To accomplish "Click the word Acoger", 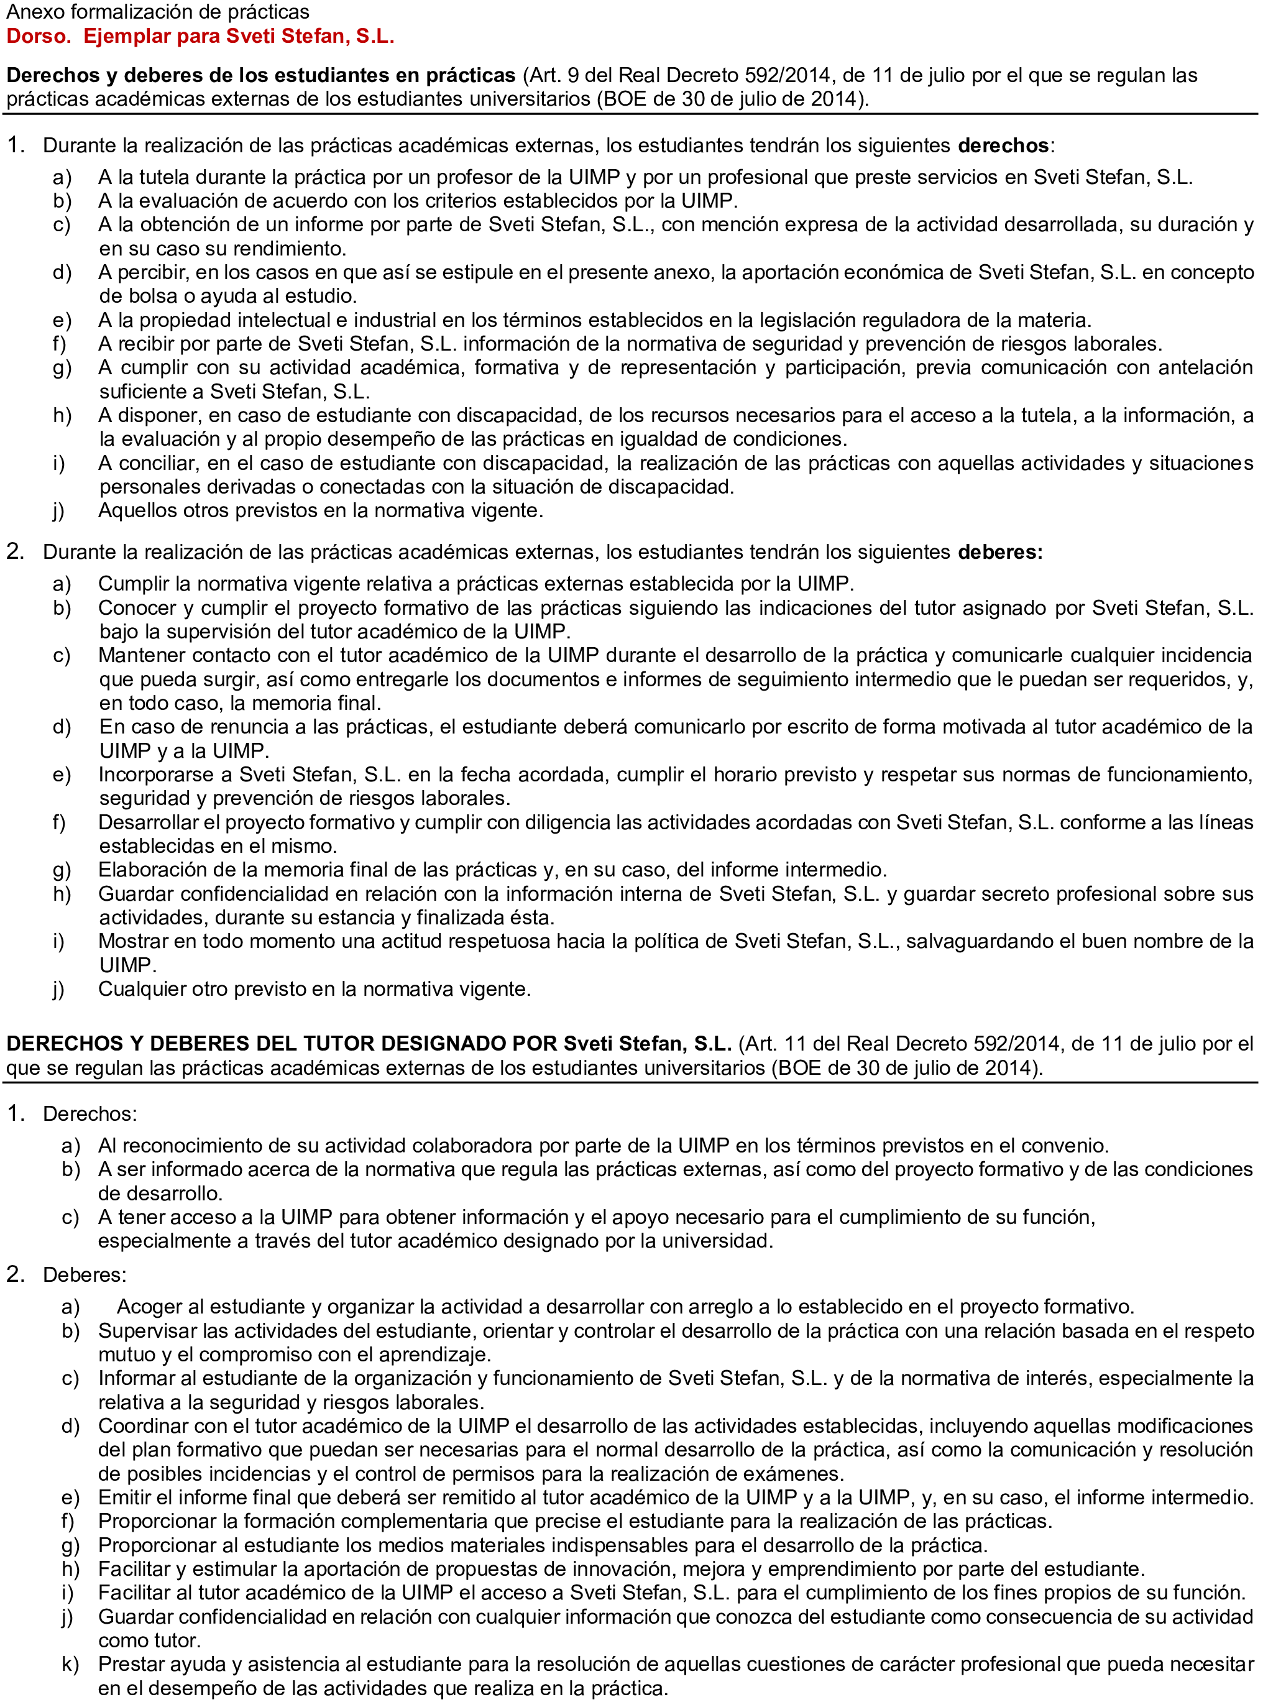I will [x=149, y=1307].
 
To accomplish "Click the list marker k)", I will [x=70, y=1664].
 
